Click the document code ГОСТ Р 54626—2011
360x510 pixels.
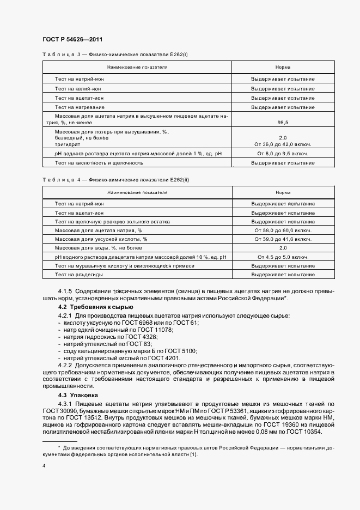click(72, 40)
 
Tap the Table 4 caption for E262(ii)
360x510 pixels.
click(115, 179)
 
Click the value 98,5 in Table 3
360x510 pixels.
click(283, 123)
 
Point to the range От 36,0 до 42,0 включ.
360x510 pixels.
click(283, 144)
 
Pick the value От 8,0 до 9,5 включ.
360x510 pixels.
click(283, 154)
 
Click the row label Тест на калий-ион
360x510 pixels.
click(78, 88)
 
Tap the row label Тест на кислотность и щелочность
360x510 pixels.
click(99, 163)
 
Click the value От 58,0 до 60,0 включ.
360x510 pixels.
click(283, 230)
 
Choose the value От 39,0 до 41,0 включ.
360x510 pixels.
click(283, 239)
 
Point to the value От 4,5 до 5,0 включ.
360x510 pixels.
click(283, 257)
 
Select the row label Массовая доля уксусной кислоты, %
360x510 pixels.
click(101, 239)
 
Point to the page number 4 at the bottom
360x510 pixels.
click(44, 466)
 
